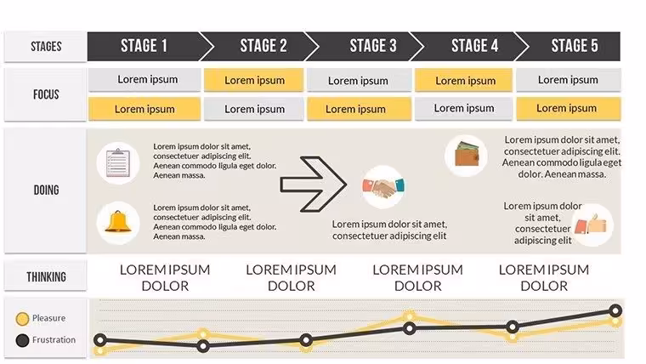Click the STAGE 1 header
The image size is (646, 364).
[144, 46]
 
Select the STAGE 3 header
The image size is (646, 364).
[373, 46]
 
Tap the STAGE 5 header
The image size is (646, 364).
[575, 46]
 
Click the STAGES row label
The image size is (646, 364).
[46, 47]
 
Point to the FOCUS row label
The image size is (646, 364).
[46, 94]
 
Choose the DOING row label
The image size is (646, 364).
[46, 190]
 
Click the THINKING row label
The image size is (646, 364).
[46, 276]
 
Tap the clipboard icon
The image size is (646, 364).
[118, 162]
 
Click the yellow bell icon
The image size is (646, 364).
[118, 223]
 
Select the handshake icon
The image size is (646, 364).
[383, 187]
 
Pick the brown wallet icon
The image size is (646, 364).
[467, 156]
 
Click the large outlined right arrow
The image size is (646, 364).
[314, 184]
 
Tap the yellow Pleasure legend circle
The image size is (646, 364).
[22, 319]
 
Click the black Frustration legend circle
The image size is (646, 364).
[22, 340]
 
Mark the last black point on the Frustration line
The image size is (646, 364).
[615, 310]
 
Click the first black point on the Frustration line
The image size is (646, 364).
[100, 340]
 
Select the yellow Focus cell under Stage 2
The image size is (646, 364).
[254, 80]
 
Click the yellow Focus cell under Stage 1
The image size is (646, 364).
[144, 109]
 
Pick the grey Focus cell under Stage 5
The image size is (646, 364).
[568, 80]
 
